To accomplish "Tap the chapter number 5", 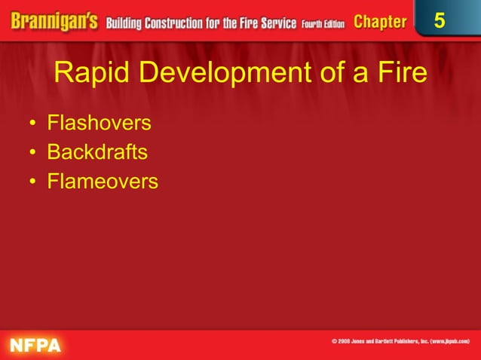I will [439, 21].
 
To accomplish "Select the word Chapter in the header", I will [379, 22].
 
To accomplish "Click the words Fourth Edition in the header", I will [323, 23].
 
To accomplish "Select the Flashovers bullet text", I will [99, 123].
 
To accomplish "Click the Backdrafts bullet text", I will [97, 152].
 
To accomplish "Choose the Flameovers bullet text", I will [103, 182].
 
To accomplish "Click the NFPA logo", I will [35, 345].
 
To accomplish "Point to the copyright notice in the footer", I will [400, 342].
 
